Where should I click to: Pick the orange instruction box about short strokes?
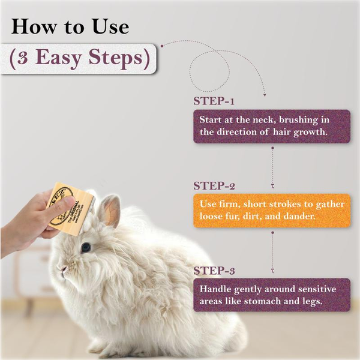click(x=271, y=210)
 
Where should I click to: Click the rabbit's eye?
click(x=86, y=247)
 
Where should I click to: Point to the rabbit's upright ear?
click(x=109, y=210)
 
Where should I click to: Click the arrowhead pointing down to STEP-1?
click(x=265, y=94)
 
